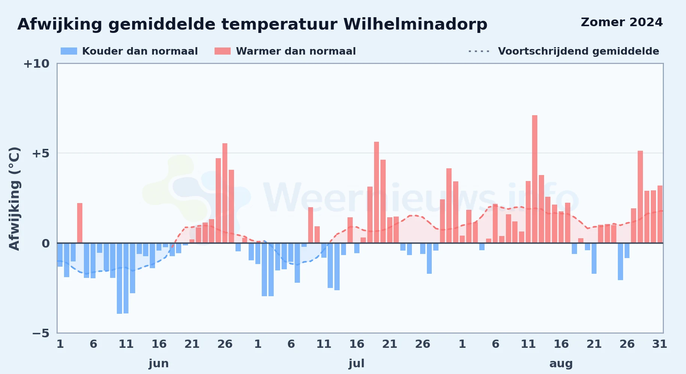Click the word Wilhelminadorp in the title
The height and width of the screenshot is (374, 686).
[415, 24]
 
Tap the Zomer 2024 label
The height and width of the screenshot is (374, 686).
[622, 22]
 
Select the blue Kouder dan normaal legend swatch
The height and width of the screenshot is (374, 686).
[69, 51]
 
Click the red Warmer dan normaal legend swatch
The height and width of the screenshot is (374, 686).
[222, 51]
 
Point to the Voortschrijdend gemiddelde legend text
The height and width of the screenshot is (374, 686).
[579, 51]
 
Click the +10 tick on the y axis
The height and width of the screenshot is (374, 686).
[36, 64]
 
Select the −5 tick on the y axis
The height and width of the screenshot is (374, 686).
[41, 333]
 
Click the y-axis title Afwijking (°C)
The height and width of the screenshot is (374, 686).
[14, 198]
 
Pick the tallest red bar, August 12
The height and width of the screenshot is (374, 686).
[535, 179]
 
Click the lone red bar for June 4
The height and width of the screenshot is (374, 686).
[80, 223]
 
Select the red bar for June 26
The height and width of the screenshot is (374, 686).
[225, 193]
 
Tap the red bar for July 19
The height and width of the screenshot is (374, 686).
[376, 192]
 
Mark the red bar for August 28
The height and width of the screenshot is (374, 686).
[640, 197]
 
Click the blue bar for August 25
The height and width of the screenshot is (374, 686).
[620, 262]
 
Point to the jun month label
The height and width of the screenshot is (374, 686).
[159, 364]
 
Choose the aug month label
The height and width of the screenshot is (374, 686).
[561, 364]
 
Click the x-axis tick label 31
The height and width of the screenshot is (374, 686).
[660, 344]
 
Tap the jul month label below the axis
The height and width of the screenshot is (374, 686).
[356, 364]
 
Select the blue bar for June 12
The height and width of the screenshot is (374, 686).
[133, 268]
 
